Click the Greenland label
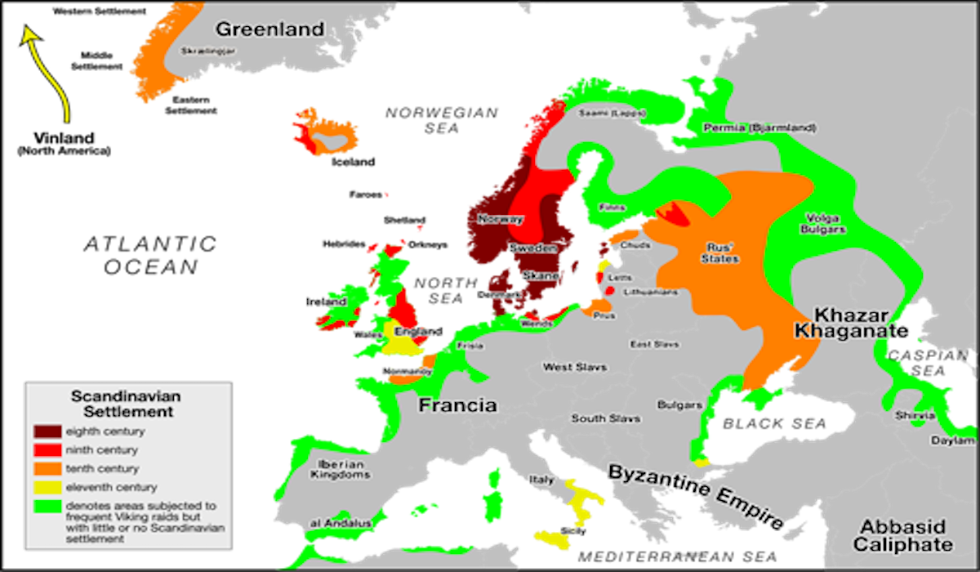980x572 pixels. pos(269,29)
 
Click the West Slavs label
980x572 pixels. pos(575,368)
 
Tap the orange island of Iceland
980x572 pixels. pos(327,135)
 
